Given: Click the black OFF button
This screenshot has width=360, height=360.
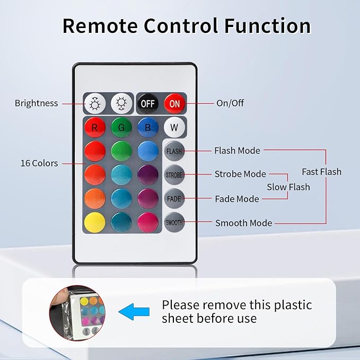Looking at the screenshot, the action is [148, 103].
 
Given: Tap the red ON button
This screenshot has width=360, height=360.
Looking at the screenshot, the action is [174, 103].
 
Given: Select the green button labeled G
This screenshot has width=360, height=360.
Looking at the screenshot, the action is [121, 127].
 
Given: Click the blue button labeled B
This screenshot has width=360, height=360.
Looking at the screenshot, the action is [148, 127].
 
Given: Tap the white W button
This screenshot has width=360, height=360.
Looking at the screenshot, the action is [174, 127].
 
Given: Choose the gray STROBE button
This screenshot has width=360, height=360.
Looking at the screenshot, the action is [174, 175].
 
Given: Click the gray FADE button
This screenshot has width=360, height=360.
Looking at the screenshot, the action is [174, 199].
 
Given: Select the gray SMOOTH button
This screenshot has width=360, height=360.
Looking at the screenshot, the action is [174, 222].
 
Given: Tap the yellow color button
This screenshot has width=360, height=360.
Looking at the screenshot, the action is [95, 222].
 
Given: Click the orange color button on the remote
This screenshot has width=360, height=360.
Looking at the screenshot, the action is [95, 199].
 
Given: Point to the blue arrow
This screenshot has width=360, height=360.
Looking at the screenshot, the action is [134, 312].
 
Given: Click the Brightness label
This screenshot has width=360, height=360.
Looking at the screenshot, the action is [36, 103].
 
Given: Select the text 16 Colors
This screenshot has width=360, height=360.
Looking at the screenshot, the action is [39, 163].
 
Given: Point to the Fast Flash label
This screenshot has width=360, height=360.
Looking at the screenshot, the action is [321, 172].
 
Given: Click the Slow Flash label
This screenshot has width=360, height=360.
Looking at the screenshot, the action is [288, 187].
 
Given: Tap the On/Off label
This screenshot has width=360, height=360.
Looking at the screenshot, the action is [230, 103].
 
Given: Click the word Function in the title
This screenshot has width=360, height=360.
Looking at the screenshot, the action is [267, 25].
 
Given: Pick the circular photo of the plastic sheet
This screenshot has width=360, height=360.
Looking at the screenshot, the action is [77, 313].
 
